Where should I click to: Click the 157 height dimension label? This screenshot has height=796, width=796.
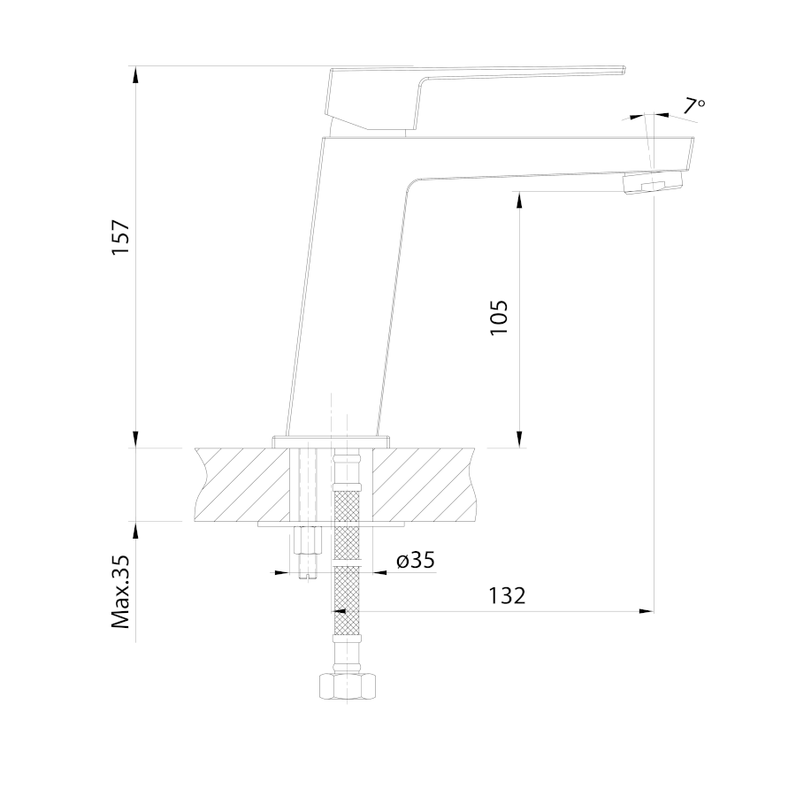[x=121, y=238]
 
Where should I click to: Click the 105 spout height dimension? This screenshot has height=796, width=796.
[x=499, y=318]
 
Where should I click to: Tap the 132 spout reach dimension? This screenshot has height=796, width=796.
[x=507, y=595]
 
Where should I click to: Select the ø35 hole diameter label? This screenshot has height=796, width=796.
[x=416, y=561]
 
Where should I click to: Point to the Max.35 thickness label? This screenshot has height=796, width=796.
[x=121, y=592]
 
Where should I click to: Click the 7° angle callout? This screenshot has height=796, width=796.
[x=693, y=106]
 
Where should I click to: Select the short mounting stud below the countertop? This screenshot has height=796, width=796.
[x=308, y=551]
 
